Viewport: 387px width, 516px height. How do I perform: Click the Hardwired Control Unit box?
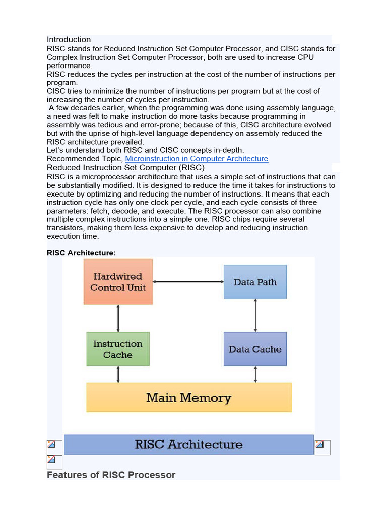tap(118, 282)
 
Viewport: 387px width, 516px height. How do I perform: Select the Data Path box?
tap(255, 282)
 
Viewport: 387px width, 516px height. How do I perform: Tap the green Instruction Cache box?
tap(118, 349)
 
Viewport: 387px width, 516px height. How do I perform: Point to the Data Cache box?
tap(255, 349)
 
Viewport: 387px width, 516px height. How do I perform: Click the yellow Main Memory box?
tap(189, 398)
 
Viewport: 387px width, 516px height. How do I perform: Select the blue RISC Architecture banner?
tap(189, 444)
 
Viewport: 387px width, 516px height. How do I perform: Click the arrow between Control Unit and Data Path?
tap(188, 282)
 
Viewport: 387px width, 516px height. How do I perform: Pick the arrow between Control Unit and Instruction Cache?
tap(118, 318)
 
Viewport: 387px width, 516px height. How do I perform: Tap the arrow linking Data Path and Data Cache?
tap(256, 315)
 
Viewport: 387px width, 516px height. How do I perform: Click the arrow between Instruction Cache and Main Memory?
tap(118, 374)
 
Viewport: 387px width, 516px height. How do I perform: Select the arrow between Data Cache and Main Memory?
tap(256, 374)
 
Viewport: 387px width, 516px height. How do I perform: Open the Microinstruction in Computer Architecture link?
tap(197, 159)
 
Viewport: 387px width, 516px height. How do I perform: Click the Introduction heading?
tap(69, 39)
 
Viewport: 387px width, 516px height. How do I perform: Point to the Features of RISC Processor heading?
tap(111, 475)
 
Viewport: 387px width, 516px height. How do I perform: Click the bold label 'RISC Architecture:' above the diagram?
tap(81, 253)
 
